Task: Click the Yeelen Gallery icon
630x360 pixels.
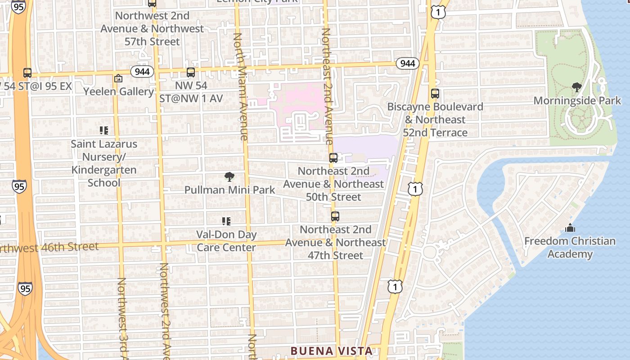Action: point(118,79)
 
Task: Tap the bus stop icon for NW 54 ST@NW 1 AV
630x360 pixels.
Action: point(191,72)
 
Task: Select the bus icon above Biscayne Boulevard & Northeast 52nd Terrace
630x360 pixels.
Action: point(435,94)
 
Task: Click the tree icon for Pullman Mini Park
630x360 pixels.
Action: point(229,177)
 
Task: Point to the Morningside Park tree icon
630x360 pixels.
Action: point(576,87)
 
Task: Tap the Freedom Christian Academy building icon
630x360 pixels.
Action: point(570,228)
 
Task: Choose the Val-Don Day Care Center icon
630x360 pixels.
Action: point(226,221)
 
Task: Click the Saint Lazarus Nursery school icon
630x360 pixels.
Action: point(104,130)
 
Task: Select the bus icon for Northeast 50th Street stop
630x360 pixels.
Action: point(333,158)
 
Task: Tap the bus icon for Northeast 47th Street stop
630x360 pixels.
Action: point(335,216)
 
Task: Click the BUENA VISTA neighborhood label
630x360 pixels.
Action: point(331,351)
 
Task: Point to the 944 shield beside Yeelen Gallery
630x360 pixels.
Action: point(143,72)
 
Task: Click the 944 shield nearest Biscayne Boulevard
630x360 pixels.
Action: point(408,63)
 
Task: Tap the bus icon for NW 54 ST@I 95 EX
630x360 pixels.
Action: point(27,73)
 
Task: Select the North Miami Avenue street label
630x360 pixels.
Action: point(240,85)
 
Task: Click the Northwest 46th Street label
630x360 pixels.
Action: point(49,247)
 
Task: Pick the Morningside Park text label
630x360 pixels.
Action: point(577,101)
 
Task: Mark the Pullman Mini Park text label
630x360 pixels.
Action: point(229,190)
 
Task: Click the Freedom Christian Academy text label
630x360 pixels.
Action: point(570,247)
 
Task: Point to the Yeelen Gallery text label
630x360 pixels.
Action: point(118,91)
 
